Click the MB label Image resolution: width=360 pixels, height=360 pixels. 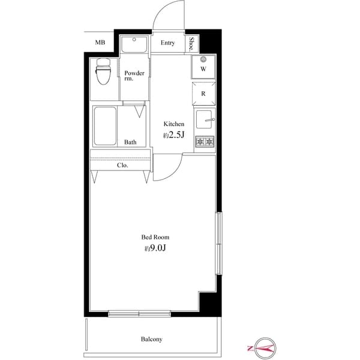click(x=100, y=42)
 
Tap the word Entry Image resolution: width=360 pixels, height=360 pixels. click(x=168, y=43)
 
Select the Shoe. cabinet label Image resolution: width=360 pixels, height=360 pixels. click(x=191, y=43)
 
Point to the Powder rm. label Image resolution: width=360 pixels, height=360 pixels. click(x=134, y=76)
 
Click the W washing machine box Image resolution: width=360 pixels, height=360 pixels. click(x=204, y=67)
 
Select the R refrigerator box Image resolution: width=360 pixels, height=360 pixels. click(x=204, y=94)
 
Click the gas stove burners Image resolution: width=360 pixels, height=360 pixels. click(x=205, y=142)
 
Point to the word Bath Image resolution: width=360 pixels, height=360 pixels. click(x=130, y=142)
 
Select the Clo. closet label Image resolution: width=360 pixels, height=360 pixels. click(x=122, y=164)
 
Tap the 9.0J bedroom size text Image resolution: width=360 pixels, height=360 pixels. click(x=154, y=248)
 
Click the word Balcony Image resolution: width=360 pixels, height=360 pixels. click(x=151, y=339)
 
